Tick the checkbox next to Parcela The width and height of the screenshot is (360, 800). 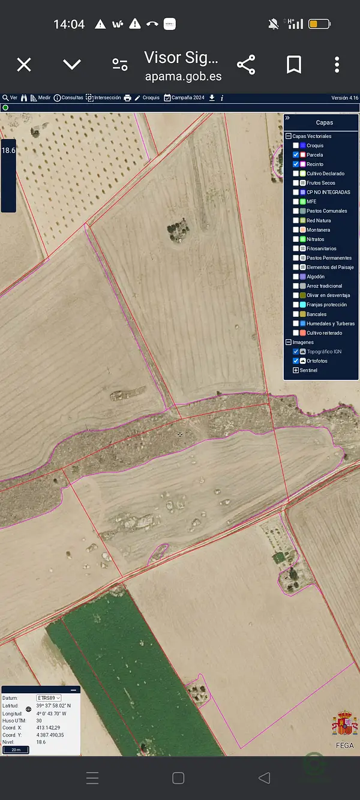[296, 155]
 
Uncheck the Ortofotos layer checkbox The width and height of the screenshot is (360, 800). [296, 361]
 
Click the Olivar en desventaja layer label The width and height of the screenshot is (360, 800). [328, 295]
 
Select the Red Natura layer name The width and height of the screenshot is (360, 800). [319, 220]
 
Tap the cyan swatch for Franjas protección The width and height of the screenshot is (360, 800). [303, 305]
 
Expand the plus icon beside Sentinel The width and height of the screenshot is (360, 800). [296, 370]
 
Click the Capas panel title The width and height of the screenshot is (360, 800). [324, 122]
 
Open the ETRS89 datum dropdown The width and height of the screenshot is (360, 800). [49, 698]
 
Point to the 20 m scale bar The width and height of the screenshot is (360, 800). [16, 750]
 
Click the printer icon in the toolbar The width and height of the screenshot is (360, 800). [127, 98]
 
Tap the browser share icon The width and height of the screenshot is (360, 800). [246, 65]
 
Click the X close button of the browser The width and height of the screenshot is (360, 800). [24, 65]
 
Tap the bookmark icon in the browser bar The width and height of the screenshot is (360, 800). [293, 65]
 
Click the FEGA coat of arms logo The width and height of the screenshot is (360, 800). [344, 724]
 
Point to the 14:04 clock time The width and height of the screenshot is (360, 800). [69, 24]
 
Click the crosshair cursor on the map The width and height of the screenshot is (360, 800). [180, 434]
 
